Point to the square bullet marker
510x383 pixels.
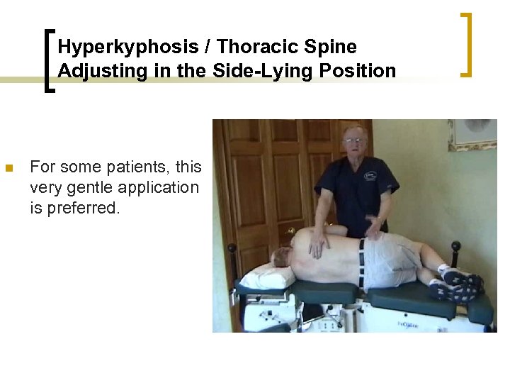(x=9, y=169)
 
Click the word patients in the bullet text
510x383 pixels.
(x=135, y=167)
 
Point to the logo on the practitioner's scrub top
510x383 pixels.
(x=370, y=175)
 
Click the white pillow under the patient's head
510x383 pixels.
(x=268, y=274)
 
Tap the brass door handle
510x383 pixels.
(x=290, y=231)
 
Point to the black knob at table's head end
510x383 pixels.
(x=232, y=248)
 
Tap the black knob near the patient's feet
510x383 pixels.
(x=455, y=247)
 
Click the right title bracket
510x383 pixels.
(x=465, y=44)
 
